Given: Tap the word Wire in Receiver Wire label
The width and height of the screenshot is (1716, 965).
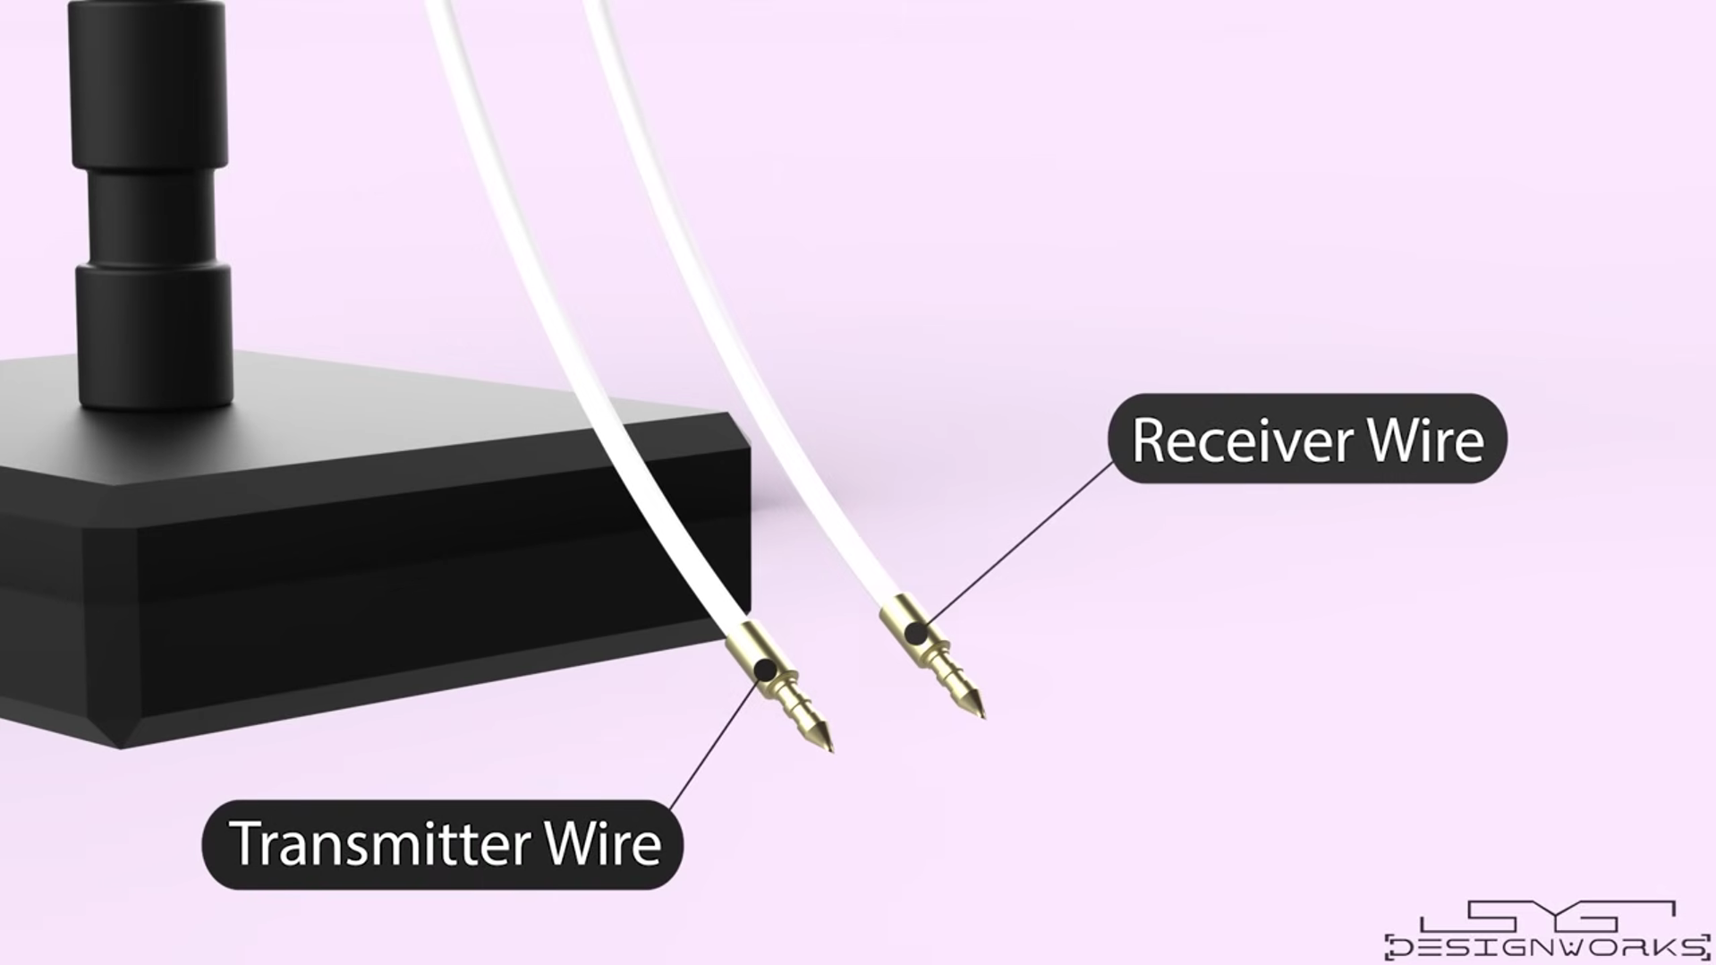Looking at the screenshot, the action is (x=1426, y=440).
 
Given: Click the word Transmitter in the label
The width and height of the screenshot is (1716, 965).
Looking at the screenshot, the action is (x=379, y=843).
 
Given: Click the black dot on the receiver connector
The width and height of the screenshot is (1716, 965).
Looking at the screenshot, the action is (x=914, y=634).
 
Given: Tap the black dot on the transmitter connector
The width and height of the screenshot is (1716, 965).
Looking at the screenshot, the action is (x=765, y=670).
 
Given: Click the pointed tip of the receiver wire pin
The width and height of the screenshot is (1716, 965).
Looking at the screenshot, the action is (x=984, y=717).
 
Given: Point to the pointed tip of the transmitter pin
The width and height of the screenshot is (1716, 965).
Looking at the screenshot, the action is (x=832, y=750).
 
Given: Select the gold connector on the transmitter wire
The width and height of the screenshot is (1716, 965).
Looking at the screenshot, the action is (x=777, y=684).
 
